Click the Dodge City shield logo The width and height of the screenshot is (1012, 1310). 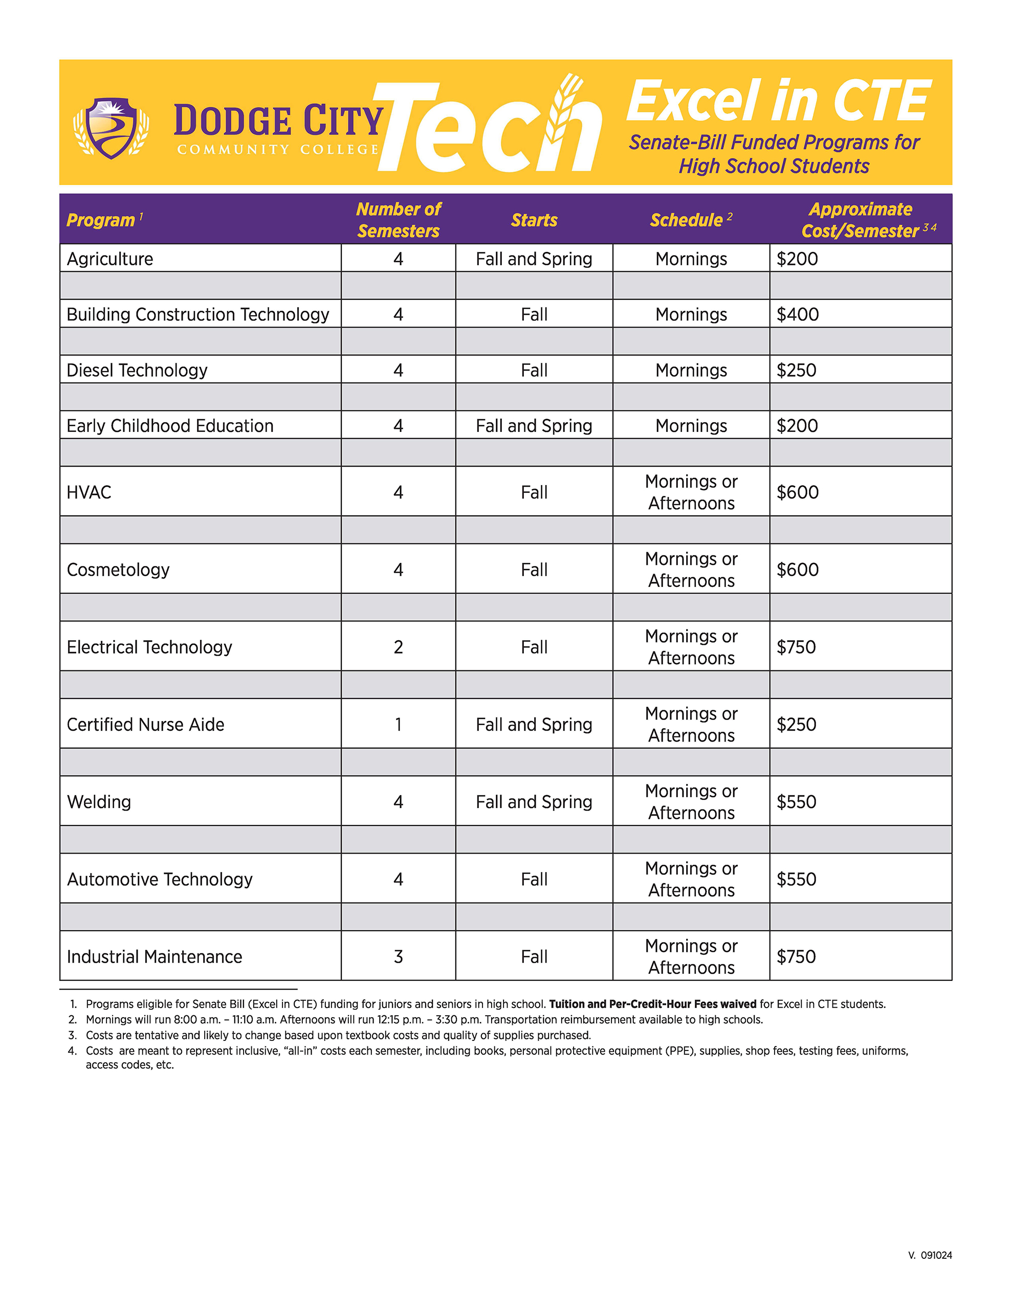111,128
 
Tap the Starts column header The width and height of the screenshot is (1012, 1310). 534,220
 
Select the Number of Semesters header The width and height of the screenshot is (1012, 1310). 399,220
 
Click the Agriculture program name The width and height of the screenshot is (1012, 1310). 110,259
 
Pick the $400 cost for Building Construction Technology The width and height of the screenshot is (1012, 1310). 797,314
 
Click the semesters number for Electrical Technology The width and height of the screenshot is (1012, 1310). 399,647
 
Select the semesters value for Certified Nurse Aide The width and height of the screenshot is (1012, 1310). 399,725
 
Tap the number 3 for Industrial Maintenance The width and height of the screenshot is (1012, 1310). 399,957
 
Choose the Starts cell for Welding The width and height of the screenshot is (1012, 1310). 534,802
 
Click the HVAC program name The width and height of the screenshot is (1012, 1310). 89,492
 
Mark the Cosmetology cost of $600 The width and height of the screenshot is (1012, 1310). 797,570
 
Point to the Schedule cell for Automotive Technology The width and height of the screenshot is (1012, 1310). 691,879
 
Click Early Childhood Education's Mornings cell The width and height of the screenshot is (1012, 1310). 691,426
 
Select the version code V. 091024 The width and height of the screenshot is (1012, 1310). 930,1255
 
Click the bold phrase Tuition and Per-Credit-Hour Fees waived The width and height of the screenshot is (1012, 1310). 653,1004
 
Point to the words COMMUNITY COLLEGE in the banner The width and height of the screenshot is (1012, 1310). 278,149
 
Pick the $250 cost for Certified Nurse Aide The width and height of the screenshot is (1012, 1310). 796,725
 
